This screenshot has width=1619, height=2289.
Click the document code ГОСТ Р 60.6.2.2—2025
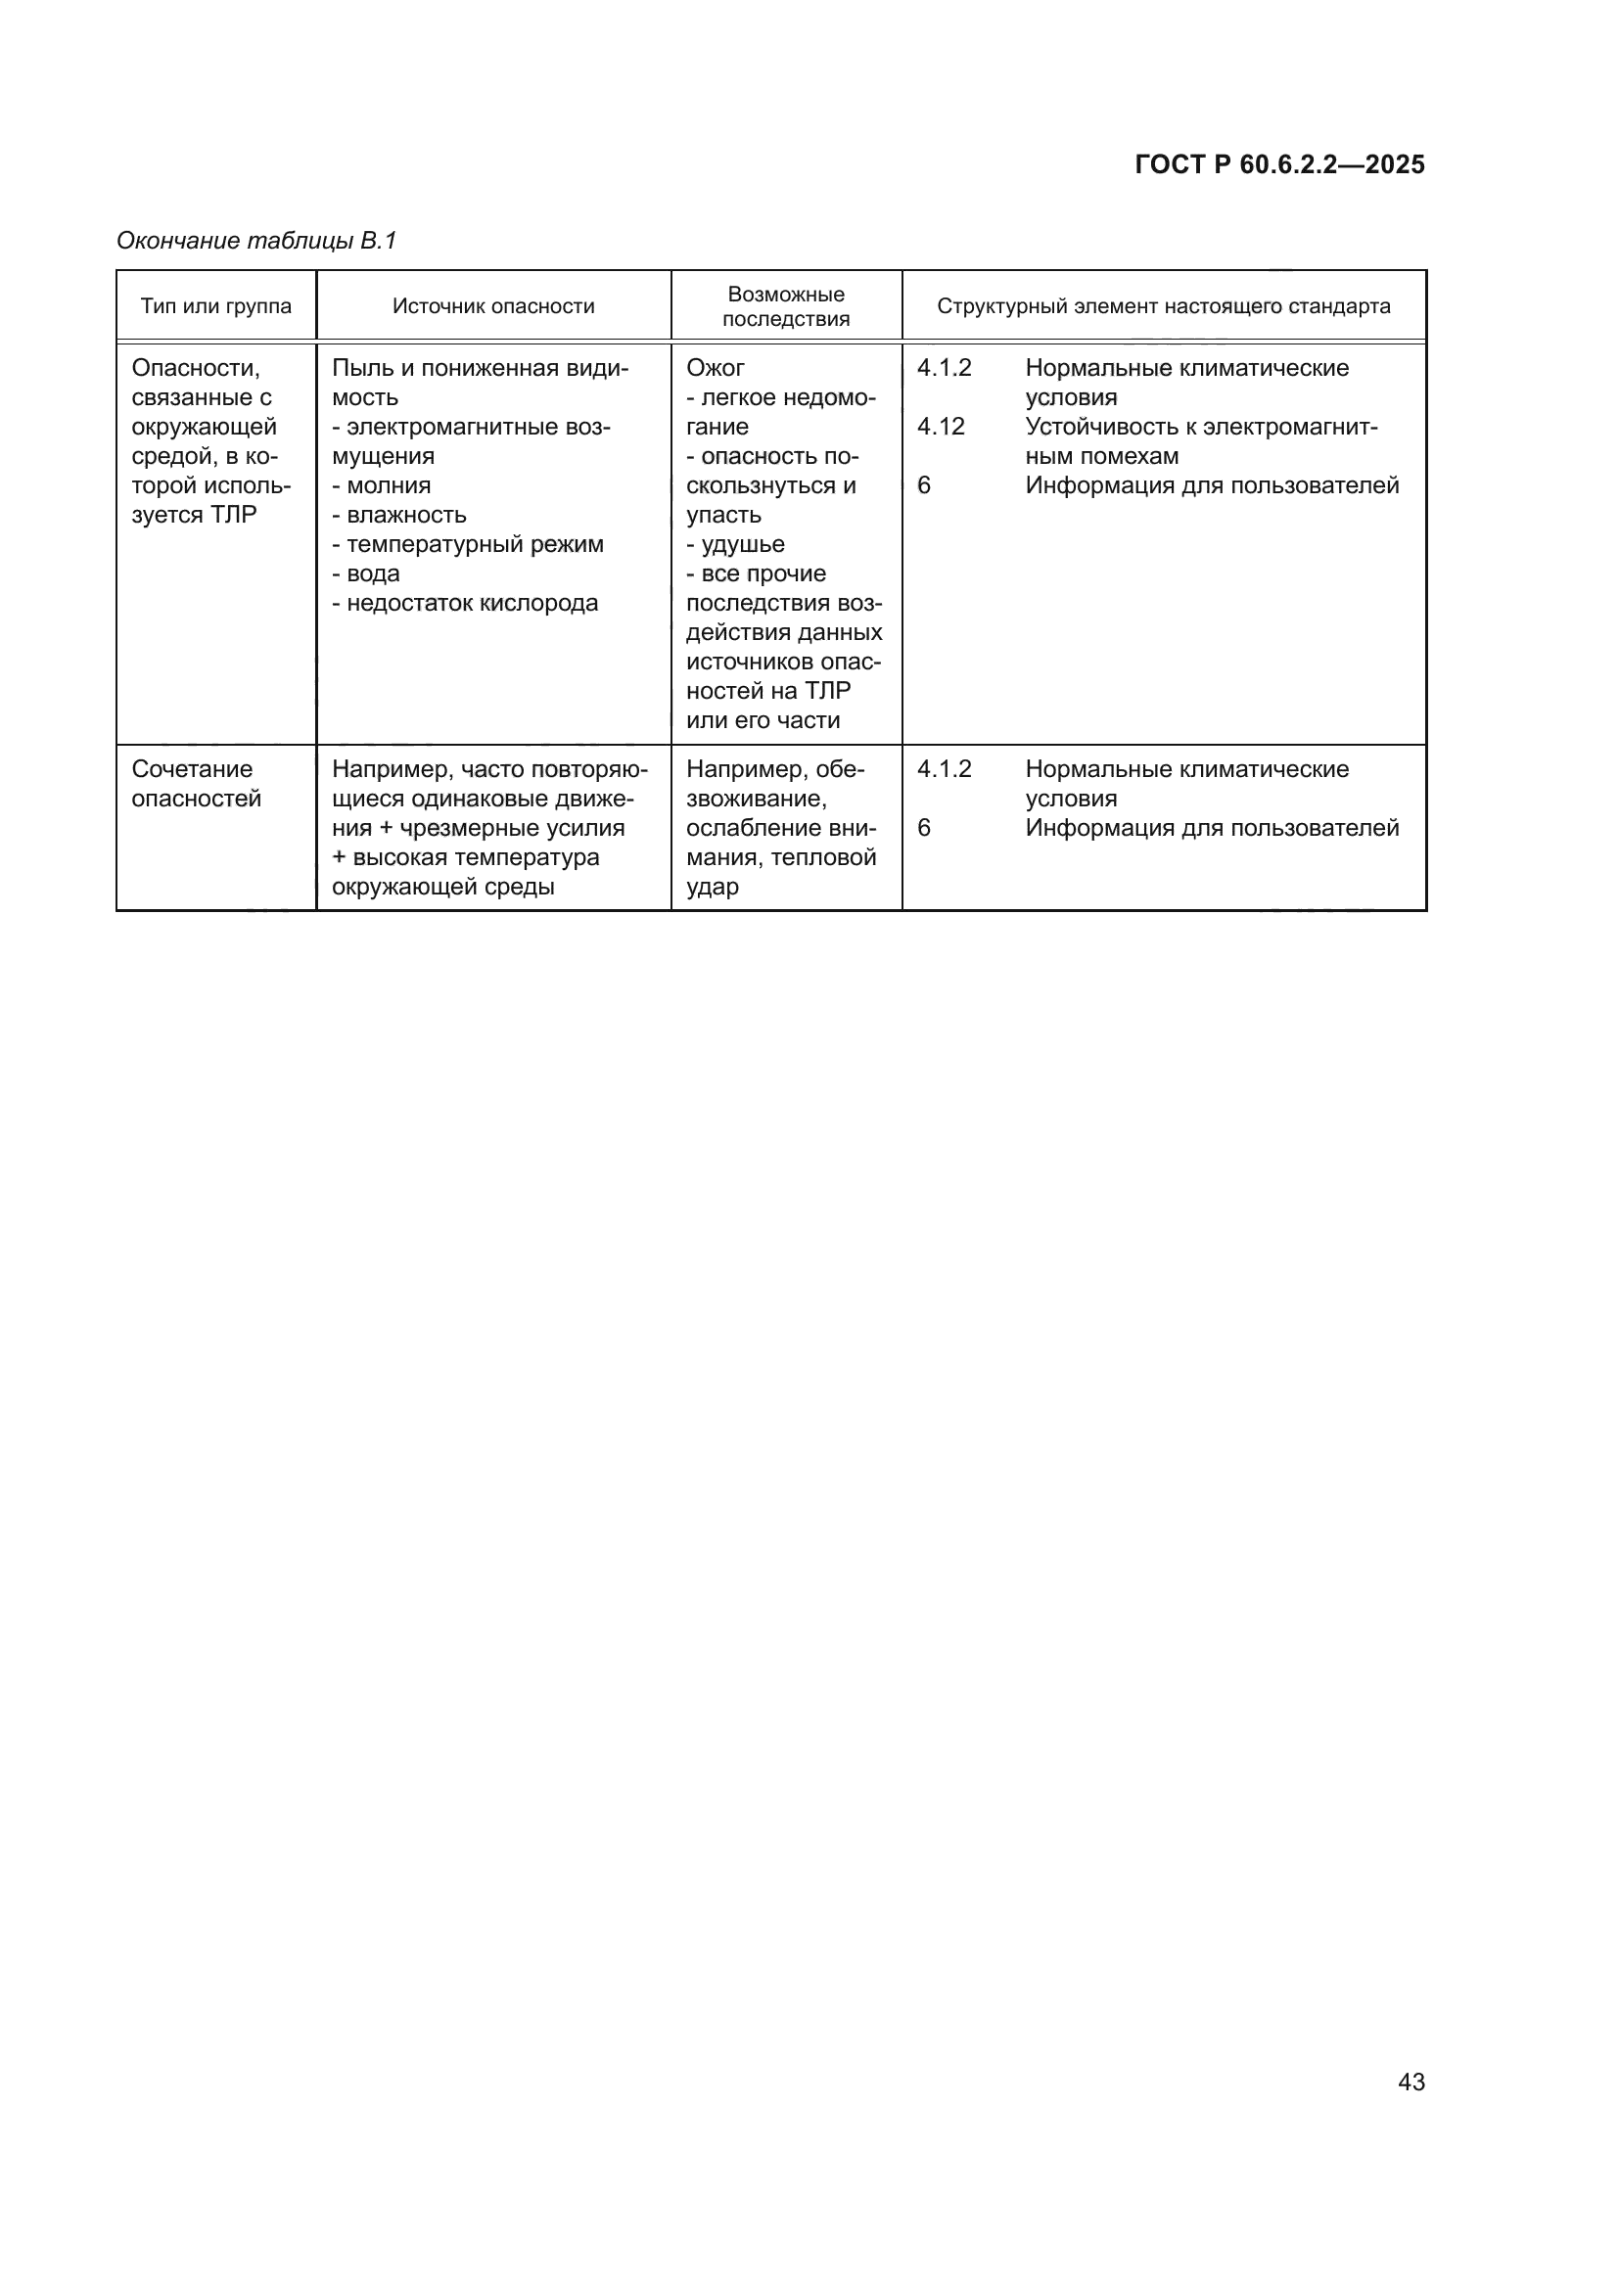pos(1279,165)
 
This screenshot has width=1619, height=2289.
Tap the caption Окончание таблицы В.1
pos(256,242)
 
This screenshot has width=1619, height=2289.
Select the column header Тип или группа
pos(216,306)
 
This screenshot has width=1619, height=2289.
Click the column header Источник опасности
pos(493,306)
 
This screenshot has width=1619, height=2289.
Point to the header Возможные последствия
pos(786,306)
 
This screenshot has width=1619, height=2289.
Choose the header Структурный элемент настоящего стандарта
pos(1164,306)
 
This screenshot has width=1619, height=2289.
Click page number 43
pos(1411,2082)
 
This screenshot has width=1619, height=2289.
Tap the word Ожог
pos(715,368)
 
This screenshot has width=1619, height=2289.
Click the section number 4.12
pos(940,427)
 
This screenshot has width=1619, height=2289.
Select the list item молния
pos(388,485)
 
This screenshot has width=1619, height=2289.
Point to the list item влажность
pos(406,516)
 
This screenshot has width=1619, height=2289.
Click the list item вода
pos(373,574)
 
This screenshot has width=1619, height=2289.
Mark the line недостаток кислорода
pos(472,603)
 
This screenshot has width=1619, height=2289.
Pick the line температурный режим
pos(475,544)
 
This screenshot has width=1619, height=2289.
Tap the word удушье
pos(743,544)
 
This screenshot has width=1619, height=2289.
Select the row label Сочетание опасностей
pos(196,784)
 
